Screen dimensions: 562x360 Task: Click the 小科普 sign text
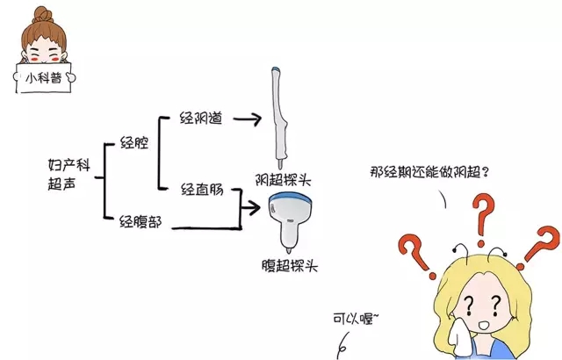[44, 78]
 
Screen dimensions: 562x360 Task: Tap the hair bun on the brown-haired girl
[43, 15]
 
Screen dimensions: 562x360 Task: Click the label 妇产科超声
[68, 175]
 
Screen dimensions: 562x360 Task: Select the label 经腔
[134, 142]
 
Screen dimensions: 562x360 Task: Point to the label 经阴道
[201, 118]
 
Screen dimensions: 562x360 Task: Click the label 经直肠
[202, 189]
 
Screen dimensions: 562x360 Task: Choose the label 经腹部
[140, 222]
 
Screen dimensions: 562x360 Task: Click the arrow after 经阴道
[248, 119]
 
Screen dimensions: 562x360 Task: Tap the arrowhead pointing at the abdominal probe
[254, 207]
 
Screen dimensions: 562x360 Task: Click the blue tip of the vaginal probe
[275, 68]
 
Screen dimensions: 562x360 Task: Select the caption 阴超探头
[283, 179]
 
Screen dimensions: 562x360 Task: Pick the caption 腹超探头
[290, 266]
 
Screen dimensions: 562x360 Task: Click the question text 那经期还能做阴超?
[429, 172]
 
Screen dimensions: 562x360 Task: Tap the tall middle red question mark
[483, 220]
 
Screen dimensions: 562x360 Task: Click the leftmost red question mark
[415, 256]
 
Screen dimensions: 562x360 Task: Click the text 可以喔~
[356, 319]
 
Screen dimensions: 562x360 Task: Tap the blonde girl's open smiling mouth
[485, 325]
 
